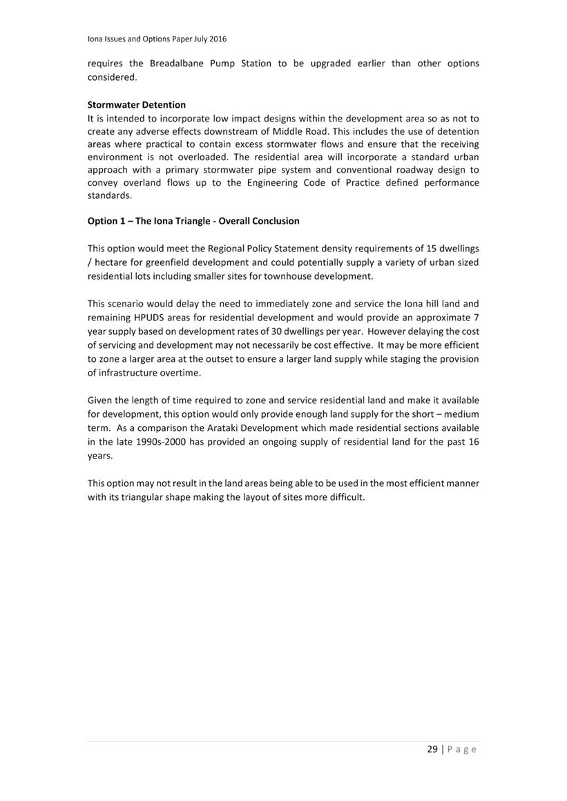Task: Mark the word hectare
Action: (113, 262)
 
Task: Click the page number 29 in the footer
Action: (432, 749)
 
